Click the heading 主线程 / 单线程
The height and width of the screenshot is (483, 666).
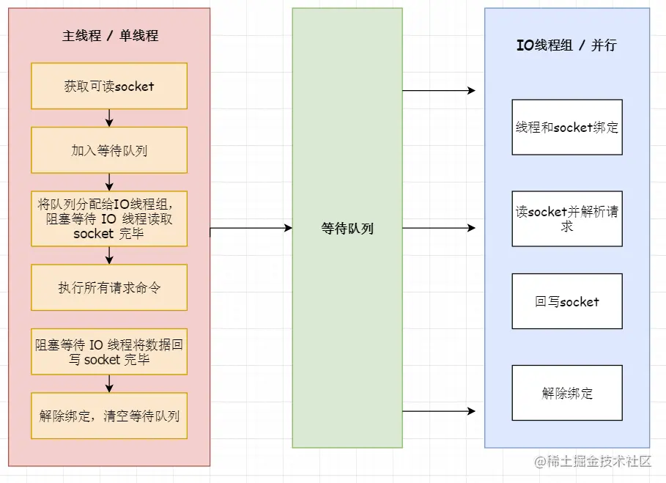click(110, 35)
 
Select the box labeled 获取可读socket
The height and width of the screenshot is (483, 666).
click(109, 86)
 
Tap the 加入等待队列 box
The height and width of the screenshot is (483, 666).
click(109, 150)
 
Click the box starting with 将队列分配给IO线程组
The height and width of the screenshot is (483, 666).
click(109, 218)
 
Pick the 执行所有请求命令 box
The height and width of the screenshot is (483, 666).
click(109, 287)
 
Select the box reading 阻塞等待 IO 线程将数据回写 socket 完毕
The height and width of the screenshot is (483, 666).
click(109, 351)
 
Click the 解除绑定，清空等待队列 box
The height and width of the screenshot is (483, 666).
click(109, 416)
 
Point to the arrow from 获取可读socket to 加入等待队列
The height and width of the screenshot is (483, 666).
click(109, 118)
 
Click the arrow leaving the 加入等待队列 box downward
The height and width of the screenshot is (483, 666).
click(109, 182)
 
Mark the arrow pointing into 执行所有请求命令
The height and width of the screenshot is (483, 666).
click(109, 255)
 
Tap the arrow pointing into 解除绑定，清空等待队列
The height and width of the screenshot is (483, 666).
click(109, 383)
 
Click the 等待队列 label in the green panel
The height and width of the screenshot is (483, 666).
click(347, 229)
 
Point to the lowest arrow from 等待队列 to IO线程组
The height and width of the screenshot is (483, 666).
click(439, 411)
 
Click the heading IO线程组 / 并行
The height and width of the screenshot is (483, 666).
click(566, 45)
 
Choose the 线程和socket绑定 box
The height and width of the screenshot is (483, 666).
click(566, 128)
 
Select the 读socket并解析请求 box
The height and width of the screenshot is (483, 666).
click(566, 218)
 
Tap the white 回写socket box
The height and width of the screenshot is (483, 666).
click(566, 301)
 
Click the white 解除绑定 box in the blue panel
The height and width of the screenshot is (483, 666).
click(566, 393)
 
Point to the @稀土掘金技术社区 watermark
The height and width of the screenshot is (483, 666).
click(593, 461)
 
